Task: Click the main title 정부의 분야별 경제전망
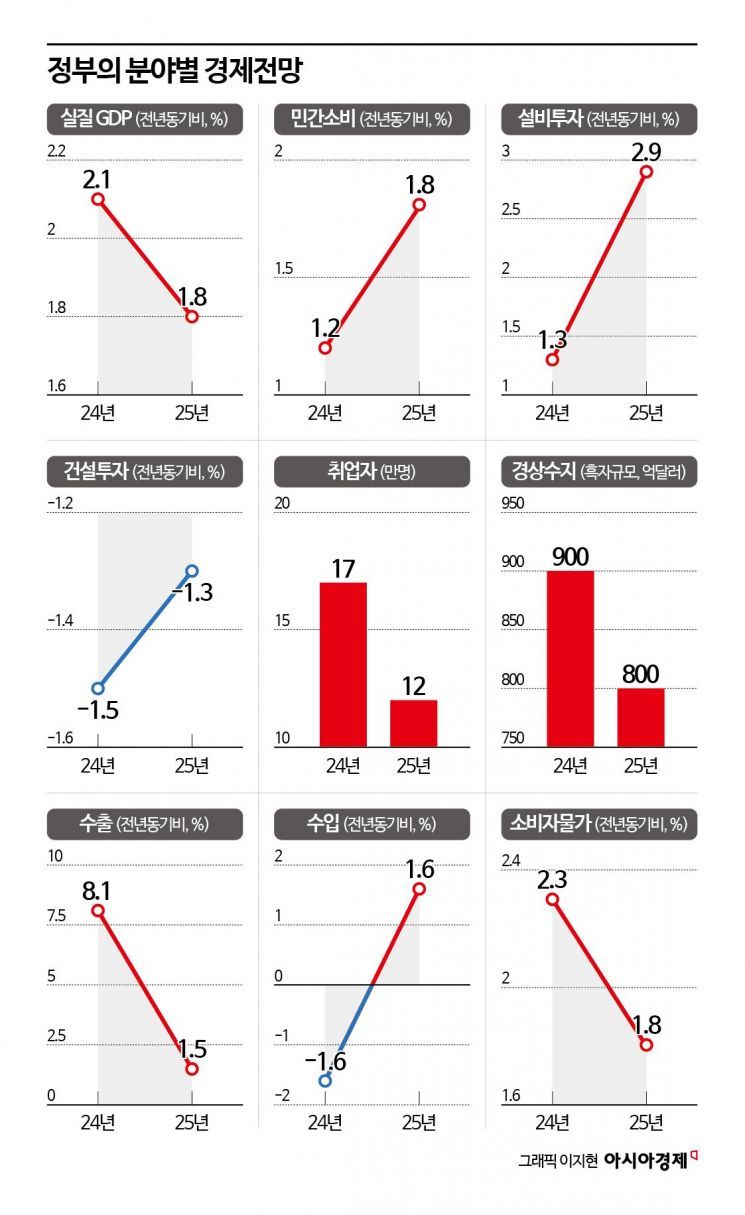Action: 175,72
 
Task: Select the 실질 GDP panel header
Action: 144,120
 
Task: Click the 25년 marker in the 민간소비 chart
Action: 419,204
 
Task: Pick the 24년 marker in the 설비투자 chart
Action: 553,359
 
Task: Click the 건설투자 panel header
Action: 144,471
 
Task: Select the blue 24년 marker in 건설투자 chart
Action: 98,688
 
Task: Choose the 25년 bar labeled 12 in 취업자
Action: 413,722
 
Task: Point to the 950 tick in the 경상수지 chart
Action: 513,504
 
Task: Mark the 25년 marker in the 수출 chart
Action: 192,1069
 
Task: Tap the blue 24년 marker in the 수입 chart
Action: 325,1081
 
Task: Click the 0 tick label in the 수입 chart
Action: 280,976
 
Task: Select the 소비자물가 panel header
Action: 598,824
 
